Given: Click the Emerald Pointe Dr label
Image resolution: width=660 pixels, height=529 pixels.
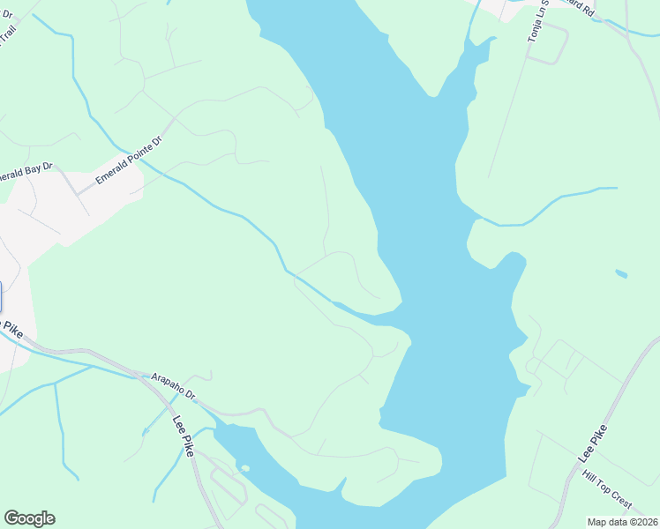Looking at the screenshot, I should pos(130,159).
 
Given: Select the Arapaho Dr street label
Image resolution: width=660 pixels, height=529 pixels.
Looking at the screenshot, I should pos(172,385).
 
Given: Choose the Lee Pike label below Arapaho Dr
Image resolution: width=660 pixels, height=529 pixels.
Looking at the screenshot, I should pos(183,436).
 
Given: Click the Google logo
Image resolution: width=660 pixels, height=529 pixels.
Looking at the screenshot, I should pos(29,518).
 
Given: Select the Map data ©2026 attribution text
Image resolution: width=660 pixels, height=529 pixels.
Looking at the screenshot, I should pos(622,522).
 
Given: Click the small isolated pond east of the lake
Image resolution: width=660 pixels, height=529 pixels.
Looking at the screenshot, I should pos(621,273).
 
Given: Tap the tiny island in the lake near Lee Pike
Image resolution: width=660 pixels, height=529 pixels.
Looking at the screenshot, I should pos(245,467).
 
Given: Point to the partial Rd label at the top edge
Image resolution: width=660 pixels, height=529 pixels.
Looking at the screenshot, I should pos(582,7).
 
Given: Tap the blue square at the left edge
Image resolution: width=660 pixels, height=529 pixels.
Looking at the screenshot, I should pos(1,297).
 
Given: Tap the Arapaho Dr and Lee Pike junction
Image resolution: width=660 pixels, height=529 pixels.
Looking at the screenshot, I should pos(143,377).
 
